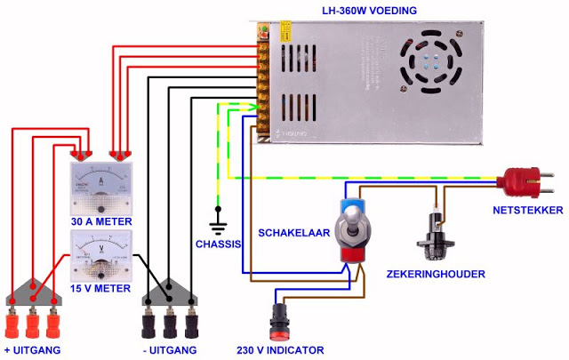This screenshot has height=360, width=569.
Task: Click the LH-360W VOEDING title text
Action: tap(369, 11)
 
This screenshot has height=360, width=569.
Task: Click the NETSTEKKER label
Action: tap(527, 210)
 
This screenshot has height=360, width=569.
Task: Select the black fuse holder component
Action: tap(436, 236)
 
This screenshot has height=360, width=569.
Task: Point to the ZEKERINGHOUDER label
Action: tap(436, 274)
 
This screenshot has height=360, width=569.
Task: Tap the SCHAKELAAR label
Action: tap(294, 233)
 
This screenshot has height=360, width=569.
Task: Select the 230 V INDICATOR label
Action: tap(280, 350)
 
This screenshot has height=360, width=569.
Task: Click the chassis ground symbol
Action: tap(218, 220)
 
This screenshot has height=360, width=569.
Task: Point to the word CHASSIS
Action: tap(218, 244)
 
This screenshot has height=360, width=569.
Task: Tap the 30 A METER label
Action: tap(101, 221)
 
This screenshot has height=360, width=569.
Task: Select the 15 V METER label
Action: tap(100, 289)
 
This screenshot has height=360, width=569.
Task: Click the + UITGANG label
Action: tap(32, 350)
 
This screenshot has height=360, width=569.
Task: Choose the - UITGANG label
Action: tap(170, 350)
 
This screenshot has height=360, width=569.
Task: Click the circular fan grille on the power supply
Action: tap(430, 61)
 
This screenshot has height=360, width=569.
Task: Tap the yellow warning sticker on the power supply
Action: tap(285, 31)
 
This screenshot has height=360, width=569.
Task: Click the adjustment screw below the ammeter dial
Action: tap(100, 210)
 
